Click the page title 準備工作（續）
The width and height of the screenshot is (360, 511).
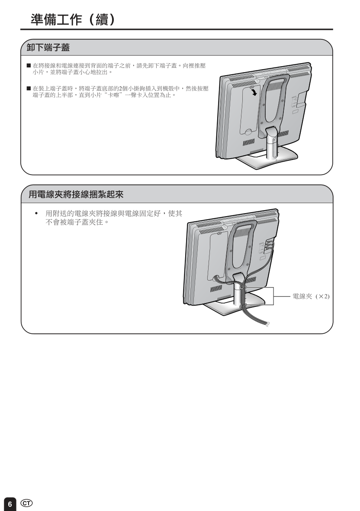coord(74,19)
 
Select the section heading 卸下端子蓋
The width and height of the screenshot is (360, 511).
coord(48,48)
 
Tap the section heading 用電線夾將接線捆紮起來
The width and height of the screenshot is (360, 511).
coord(76,195)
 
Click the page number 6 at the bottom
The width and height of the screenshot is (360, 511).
coord(10,504)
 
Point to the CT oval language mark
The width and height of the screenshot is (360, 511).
coord(26,503)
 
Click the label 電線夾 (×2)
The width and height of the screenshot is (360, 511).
coord(311,296)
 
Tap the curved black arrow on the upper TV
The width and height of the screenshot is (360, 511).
coord(254,93)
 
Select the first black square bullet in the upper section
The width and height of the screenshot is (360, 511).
coord(29,66)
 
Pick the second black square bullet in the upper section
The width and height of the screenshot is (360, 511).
coord(29,89)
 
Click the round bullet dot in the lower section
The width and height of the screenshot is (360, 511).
coord(36,214)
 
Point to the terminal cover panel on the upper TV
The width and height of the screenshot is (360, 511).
coord(250,110)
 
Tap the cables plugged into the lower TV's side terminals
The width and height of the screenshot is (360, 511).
coord(269,248)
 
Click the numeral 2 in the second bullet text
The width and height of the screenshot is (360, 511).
coord(120,89)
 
